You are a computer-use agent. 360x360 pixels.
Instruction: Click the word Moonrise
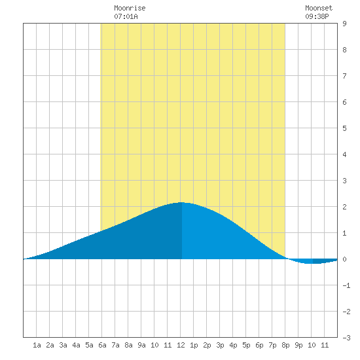(x=130, y=8)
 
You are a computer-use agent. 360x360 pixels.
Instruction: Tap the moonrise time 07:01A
(x=126, y=16)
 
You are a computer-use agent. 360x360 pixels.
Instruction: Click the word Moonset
(x=319, y=8)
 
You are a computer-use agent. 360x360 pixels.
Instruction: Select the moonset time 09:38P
(x=317, y=16)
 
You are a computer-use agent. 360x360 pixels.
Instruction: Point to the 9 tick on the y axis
(x=344, y=24)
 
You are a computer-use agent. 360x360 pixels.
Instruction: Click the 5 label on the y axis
(x=344, y=128)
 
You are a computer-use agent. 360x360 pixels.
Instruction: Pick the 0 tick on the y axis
(x=344, y=259)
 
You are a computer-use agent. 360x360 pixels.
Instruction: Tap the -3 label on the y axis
(x=346, y=338)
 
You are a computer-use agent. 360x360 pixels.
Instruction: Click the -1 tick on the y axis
(x=346, y=285)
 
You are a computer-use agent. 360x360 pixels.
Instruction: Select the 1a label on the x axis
(x=37, y=345)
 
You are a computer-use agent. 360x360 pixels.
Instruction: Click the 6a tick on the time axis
(x=102, y=345)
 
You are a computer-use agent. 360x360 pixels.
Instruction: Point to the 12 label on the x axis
(x=181, y=345)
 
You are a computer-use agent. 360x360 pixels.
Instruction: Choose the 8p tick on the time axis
(x=285, y=345)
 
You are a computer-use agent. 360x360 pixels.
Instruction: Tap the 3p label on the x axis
(x=220, y=345)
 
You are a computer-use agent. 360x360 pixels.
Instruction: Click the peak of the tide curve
(x=181, y=202)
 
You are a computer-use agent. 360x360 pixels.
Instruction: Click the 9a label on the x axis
(x=141, y=345)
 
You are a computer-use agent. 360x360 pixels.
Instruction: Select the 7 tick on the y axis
(x=344, y=76)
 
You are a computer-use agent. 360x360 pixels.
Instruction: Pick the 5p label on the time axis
(x=246, y=345)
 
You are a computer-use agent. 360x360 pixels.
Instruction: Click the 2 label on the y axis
(x=344, y=207)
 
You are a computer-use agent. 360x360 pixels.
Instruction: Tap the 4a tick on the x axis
(x=76, y=345)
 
